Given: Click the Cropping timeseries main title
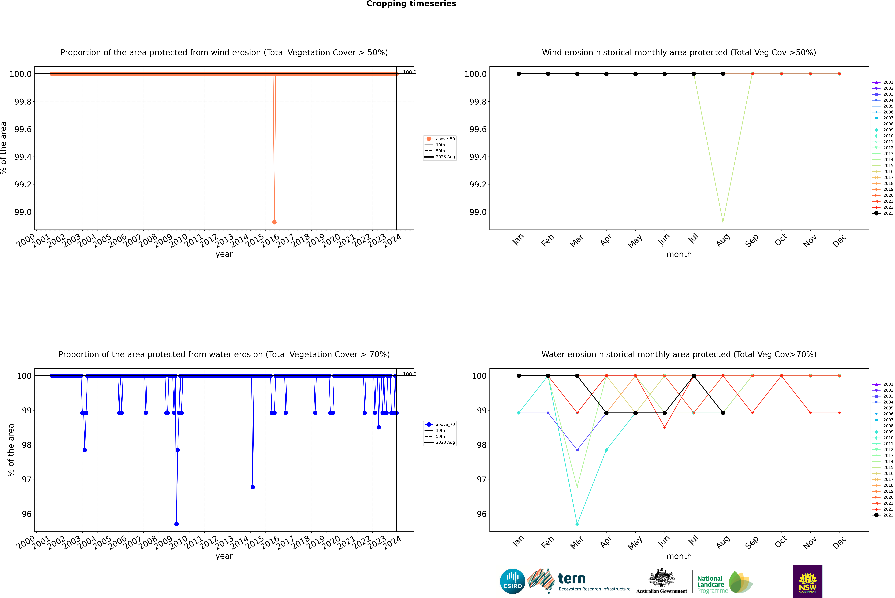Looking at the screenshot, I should click(411, 4).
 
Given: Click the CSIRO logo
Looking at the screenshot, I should click(512, 581).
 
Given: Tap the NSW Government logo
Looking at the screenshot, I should click(808, 581).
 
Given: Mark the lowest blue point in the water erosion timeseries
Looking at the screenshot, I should click(176, 524).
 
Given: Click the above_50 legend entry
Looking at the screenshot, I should click(440, 139).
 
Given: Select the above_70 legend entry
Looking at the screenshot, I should click(440, 425).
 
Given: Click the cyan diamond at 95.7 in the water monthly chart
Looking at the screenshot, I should click(577, 524).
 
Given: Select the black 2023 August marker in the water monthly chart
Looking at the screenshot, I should click(723, 413).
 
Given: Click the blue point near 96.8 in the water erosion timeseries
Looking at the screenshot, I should click(253, 487).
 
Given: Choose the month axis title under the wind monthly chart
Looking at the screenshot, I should click(679, 254).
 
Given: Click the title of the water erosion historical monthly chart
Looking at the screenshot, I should click(679, 354).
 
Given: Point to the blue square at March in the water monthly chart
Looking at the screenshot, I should click(577, 450).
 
